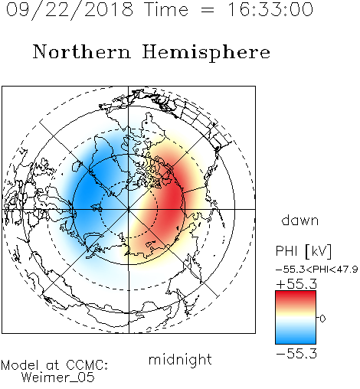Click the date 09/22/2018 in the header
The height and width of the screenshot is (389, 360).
70,10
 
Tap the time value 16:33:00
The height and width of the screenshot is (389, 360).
270,9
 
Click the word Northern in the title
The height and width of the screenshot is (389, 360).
82,51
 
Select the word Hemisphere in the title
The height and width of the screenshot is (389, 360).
206,53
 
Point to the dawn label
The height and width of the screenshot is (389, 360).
300,221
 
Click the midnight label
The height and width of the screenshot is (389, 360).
180,359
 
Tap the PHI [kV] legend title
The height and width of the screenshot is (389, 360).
303,251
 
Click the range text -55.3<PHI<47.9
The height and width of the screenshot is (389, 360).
317,270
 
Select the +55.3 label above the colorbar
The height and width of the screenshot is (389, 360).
296,284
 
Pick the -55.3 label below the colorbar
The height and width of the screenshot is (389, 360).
296,353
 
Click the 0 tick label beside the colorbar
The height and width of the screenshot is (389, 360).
322,319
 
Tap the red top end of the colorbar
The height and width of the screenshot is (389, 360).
296,293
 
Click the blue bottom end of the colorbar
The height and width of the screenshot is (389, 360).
296,342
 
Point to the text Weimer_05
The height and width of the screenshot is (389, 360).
58,378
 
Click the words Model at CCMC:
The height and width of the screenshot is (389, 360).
54,365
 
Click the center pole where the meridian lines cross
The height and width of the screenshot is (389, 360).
129,209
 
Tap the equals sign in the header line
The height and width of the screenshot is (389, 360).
207,10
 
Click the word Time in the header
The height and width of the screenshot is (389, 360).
166,9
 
